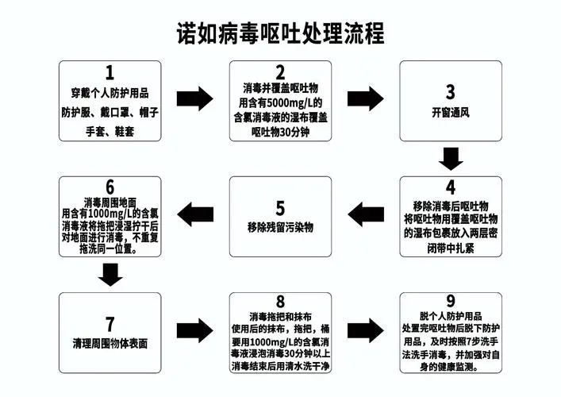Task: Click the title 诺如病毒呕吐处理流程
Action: tap(281, 33)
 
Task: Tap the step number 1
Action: tap(110, 73)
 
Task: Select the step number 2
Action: tap(281, 72)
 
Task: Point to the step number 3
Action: tap(451, 92)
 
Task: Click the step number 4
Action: tap(451, 187)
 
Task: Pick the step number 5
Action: tap(281, 208)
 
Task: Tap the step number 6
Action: tap(110, 187)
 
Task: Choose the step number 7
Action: tap(110, 324)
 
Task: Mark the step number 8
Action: tap(281, 302)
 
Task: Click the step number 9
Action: tap(451, 301)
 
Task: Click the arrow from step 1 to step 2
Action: tap(194, 98)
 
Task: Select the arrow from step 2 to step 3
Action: tap(365, 98)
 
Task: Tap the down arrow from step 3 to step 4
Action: tap(451, 159)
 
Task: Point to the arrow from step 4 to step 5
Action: tap(366, 214)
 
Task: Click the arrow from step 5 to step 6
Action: tap(195, 214)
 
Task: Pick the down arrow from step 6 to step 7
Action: tap(110, 275)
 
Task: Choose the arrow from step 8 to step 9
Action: tap(365, 330)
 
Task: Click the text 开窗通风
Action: tap(451, 113)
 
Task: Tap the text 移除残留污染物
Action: tap(281, 227)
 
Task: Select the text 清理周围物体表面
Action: tap(110, 344)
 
